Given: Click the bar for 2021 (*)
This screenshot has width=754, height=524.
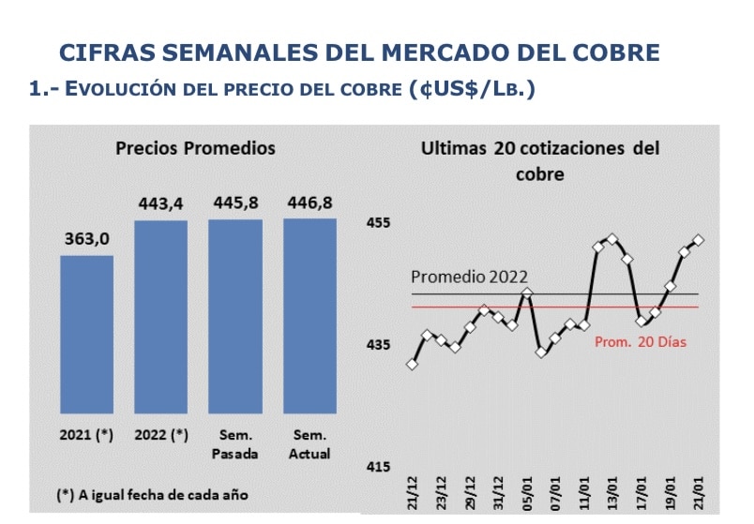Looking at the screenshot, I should [87, 334].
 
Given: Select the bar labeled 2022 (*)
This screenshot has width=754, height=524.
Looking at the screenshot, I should [160, 316].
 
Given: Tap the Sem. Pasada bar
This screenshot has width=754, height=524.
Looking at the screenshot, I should [235, 316].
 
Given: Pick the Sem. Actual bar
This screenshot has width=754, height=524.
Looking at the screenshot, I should [310, 315].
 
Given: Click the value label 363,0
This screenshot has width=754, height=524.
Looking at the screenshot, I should [87, 239].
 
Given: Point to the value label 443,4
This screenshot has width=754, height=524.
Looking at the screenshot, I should [160, 203].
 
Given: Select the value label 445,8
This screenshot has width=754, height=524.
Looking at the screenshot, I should [235, 203].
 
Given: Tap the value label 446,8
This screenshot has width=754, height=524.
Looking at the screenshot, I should [310, 203].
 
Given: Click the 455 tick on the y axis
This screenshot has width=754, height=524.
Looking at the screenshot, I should [378, 223].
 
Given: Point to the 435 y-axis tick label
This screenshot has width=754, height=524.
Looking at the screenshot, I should [378, 345].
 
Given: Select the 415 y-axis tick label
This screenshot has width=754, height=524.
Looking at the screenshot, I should [378, 467].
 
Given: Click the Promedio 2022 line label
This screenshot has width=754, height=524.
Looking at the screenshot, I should [469, 277].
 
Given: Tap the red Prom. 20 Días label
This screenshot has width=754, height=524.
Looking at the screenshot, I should [641, 342].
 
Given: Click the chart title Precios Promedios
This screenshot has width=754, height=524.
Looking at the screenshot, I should [195, 148].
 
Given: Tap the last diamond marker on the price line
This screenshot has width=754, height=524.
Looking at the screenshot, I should [699, 240].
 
